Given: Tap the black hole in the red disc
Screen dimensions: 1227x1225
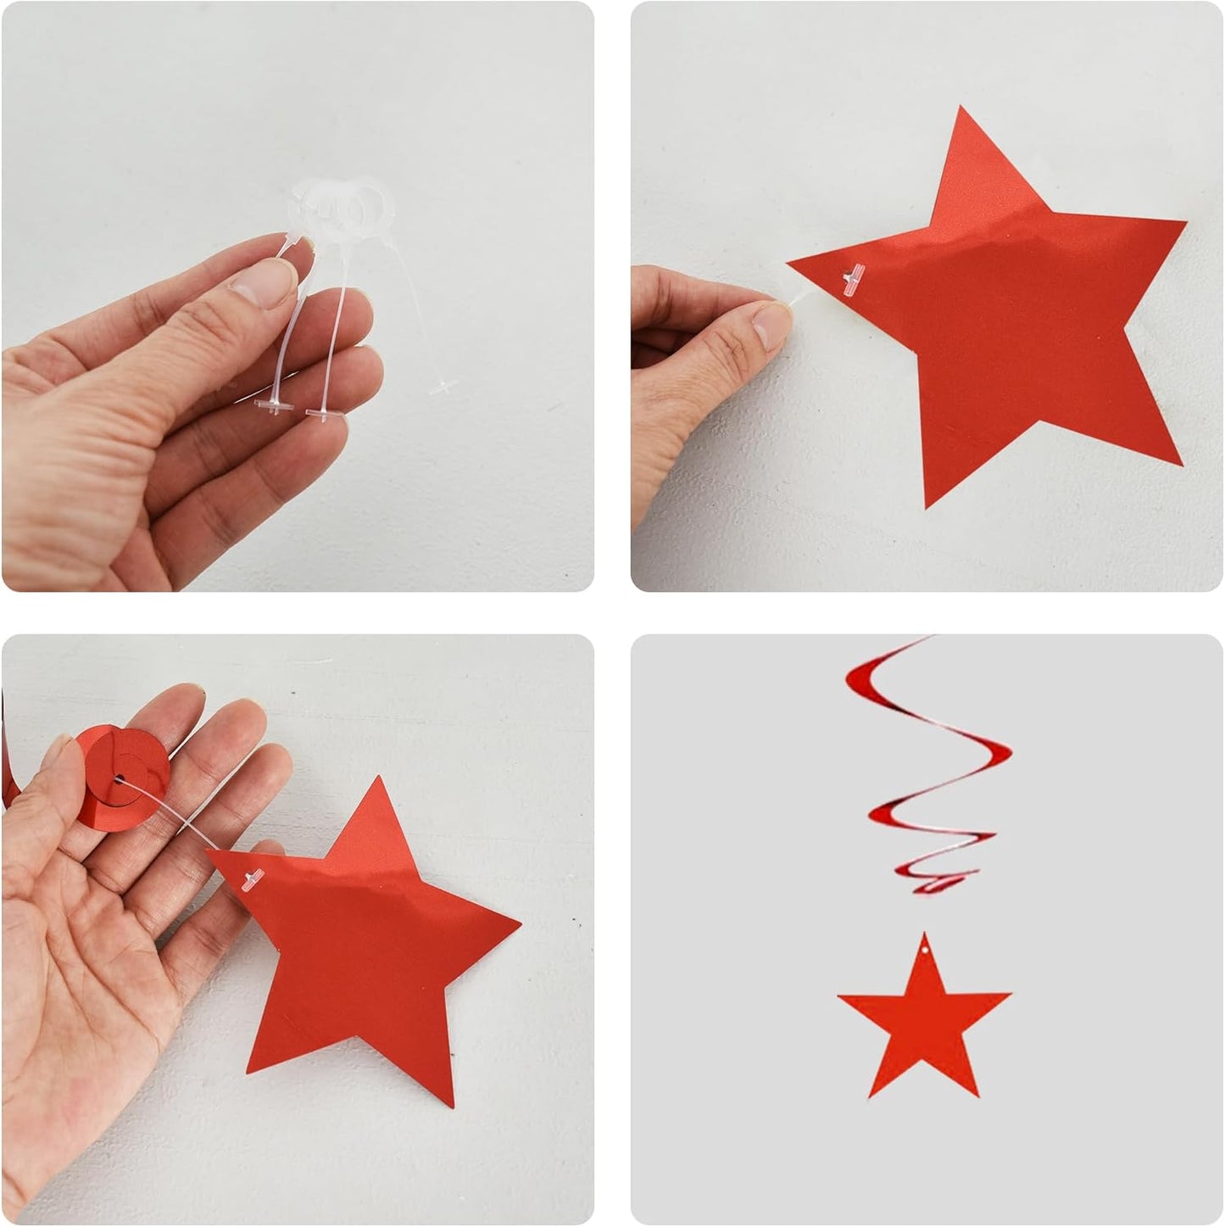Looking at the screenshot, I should pyautogui.click(x=118, y=778).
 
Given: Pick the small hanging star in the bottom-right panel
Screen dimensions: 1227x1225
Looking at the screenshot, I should pyautogui.click(x=924, y=1018).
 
